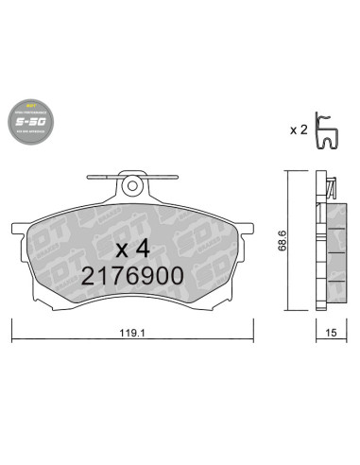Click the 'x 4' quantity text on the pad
point(133,250)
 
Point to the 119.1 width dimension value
point(133,333)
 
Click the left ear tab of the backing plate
point(20,230)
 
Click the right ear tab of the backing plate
point(249,230)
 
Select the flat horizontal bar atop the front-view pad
point(134,174)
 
